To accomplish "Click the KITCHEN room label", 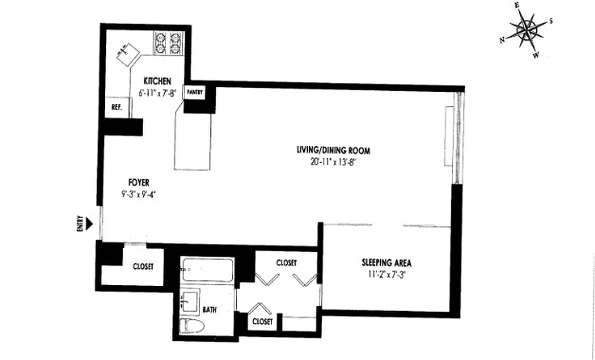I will point(157,81).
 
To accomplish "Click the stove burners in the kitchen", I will point(167,43).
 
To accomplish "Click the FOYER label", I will point(139,182).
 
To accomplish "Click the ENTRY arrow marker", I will point(90,223).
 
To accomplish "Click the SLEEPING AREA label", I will point(387,263).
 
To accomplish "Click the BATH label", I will point(209,310).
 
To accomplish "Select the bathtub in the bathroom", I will point(207,269).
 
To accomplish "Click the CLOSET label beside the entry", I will point(143,266).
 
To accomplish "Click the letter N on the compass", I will point(502,40).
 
